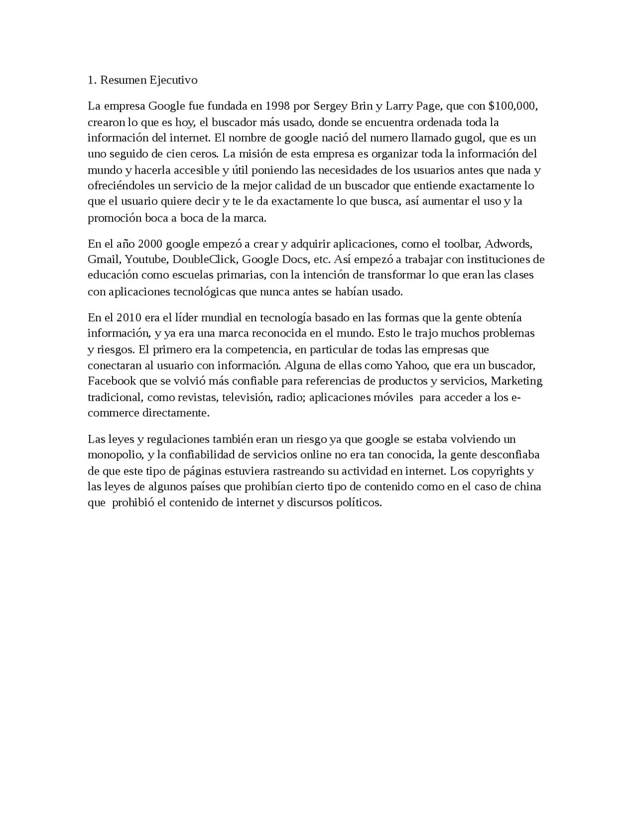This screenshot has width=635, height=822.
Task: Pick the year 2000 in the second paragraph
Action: (x=150, y=244)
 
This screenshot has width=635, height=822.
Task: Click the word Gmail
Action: (x=104, y=260)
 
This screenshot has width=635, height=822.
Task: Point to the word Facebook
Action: (x=112, y=381)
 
